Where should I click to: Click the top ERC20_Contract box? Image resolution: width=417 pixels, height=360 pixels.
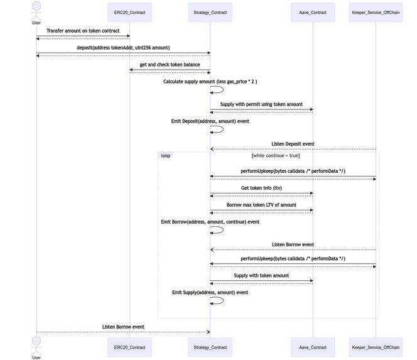pos(129,12)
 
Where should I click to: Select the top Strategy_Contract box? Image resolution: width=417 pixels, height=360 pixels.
pos(210,12)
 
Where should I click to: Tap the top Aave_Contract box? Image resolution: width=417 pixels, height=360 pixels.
pos(313,12)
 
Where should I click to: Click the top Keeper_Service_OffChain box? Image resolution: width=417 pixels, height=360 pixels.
pos(376,12)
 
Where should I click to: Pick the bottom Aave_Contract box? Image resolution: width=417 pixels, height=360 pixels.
pos(313,347)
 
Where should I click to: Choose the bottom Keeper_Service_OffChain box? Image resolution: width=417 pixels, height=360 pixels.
pos(376,347)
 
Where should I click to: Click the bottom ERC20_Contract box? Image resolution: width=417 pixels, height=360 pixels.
pos(129,347)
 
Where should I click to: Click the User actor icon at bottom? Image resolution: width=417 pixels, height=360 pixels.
pos(36,345)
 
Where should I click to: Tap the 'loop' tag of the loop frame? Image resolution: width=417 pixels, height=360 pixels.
pos(165,155)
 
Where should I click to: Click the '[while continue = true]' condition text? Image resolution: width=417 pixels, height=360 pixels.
pos(275,155)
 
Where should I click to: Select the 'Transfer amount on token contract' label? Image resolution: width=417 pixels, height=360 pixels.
pos(83,31)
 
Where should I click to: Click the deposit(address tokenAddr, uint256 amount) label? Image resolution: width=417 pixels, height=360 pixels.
pos(123,48)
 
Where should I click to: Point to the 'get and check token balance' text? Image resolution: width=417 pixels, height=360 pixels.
pos(170,65)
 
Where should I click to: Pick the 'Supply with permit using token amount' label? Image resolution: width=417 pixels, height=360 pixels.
pos(261,104)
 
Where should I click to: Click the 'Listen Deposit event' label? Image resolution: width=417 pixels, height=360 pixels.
pos(293,144)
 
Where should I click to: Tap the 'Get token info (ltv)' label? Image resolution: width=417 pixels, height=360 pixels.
pos(261,188)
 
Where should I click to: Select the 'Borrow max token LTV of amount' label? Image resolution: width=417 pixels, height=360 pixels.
pos(261,205)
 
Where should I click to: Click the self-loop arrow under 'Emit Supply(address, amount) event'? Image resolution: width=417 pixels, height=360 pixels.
pos(217,301)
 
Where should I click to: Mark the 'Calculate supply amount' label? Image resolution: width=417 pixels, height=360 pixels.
pos(210,82)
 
